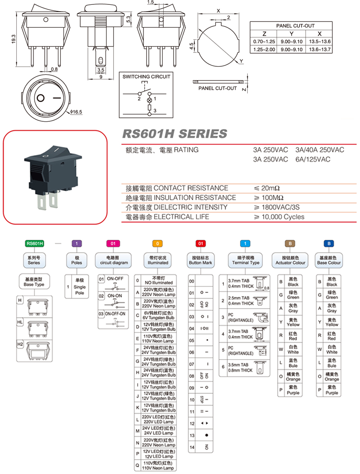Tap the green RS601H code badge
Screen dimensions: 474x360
point(34,243)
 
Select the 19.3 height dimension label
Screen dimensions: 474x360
point(13,39)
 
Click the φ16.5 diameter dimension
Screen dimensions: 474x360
point(76,112)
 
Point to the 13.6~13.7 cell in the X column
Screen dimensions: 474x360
point(319,49)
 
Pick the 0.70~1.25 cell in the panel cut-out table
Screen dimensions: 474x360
point(264,42)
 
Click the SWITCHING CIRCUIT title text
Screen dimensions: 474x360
point(146,76)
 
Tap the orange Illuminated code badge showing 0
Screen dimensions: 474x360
point(158,243)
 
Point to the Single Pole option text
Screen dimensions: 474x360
point(80,290)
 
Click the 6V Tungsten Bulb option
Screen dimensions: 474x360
point(158,315)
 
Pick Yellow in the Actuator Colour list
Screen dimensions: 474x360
point(293,322)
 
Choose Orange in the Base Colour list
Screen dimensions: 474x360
point(332,377)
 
